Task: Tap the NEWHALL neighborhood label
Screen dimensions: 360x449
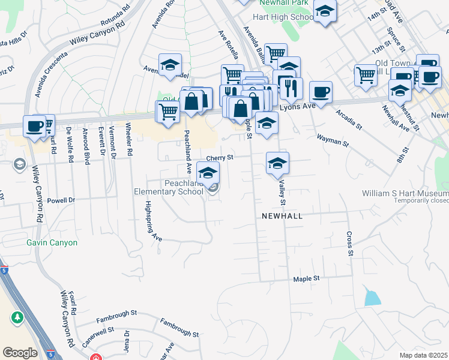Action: point(280,215)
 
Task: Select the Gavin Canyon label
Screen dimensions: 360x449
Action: point(52,242)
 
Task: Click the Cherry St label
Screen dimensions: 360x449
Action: point(219,158)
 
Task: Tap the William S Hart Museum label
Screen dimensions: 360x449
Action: point(405,193)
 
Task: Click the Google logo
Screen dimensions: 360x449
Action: point(20,353)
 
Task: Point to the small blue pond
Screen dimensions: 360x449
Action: point(372,296)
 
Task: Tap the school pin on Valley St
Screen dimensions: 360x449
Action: point(277,164)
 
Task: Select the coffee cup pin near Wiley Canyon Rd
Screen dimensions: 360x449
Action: point(34,127)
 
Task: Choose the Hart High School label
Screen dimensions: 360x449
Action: point(285,17)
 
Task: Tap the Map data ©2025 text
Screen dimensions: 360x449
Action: point(423,355)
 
